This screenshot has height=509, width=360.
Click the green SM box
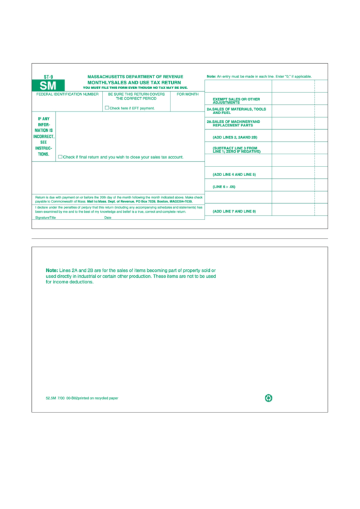[48, 86]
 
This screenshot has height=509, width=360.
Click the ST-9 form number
[48, 77]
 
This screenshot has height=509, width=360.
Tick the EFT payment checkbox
[107, 107]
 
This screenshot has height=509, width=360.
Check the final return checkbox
[60, 156]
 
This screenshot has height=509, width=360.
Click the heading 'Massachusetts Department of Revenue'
[135, 77]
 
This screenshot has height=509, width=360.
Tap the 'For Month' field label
[187, 94]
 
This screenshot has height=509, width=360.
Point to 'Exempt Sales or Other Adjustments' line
[236, 100]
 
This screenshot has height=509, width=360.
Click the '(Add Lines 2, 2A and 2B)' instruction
[235, 137]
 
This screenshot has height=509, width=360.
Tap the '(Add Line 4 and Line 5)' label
[234, 175]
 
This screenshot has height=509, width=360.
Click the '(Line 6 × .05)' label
[223, 186]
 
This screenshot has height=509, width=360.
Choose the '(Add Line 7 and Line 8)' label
[234, 211]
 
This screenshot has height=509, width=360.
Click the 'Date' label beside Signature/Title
[107, 217]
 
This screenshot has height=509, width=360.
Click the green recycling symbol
[268, 398]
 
